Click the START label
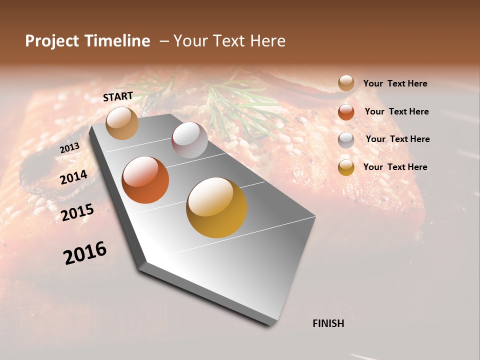[x=118, y=96]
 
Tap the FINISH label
[x=328, y=323]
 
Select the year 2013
[x=69, y=148]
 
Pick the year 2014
[x=73, y=177]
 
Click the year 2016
[x=85, y=252]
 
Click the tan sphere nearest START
[x=122, y=123]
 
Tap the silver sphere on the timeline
[x=189, y=140]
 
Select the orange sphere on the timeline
[x=145, y=180]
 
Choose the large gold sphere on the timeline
[x=216, y=207]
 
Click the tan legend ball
[x=346, y=83]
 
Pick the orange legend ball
[x=346, y=112]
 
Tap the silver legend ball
[x=346, y=140]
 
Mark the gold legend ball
[x=346, y=167]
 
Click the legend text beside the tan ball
[x=395, y=83]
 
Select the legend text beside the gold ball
[x=395, y=167]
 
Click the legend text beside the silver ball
[x=397, y=139]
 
